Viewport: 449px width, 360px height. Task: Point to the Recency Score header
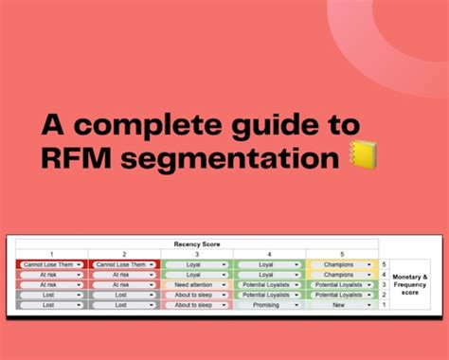point(198,243)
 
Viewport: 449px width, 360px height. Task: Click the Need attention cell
point(196,284)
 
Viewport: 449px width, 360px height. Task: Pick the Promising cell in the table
point(269,304)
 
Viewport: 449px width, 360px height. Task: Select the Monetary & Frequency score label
point(411,284)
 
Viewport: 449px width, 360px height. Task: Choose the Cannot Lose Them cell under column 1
point(51,264)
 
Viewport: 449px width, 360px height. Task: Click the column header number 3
point(196,254)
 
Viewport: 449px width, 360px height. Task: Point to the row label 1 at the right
point(384,304)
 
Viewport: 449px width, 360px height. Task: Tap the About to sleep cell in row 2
point(196,294)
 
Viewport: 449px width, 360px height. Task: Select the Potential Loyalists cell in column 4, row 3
point(269,284)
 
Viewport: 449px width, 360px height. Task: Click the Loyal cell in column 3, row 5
point(196,264)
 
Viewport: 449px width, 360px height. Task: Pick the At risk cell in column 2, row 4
point(124,274)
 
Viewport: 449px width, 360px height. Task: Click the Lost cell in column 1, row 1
point(51,304)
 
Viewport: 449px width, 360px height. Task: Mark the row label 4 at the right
point(384,274)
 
